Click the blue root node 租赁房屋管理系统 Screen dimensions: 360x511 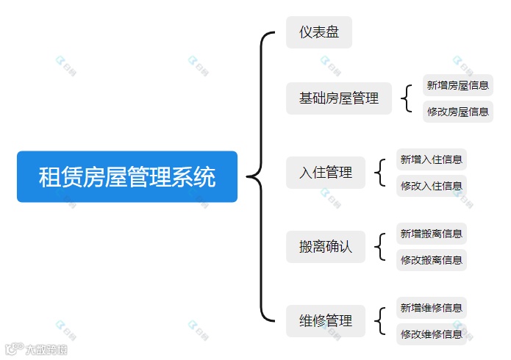126,176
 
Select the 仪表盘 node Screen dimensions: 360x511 318,32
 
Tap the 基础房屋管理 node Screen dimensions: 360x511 338,98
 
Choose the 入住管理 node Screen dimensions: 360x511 325,173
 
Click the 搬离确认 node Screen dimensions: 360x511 325,247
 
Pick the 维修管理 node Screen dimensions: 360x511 325,321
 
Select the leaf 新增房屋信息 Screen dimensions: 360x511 457,85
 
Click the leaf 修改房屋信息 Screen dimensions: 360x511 457,112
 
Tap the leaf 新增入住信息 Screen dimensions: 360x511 431,159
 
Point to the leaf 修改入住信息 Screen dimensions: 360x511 431,186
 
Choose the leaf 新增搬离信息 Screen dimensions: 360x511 431,234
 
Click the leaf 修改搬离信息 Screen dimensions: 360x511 431,260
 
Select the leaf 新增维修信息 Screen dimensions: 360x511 431,308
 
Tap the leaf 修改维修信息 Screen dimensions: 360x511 431,334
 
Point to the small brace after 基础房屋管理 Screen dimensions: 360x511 407,98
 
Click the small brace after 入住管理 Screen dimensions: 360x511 380,173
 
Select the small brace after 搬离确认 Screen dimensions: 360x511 380,247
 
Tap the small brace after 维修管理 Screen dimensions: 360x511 380,321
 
